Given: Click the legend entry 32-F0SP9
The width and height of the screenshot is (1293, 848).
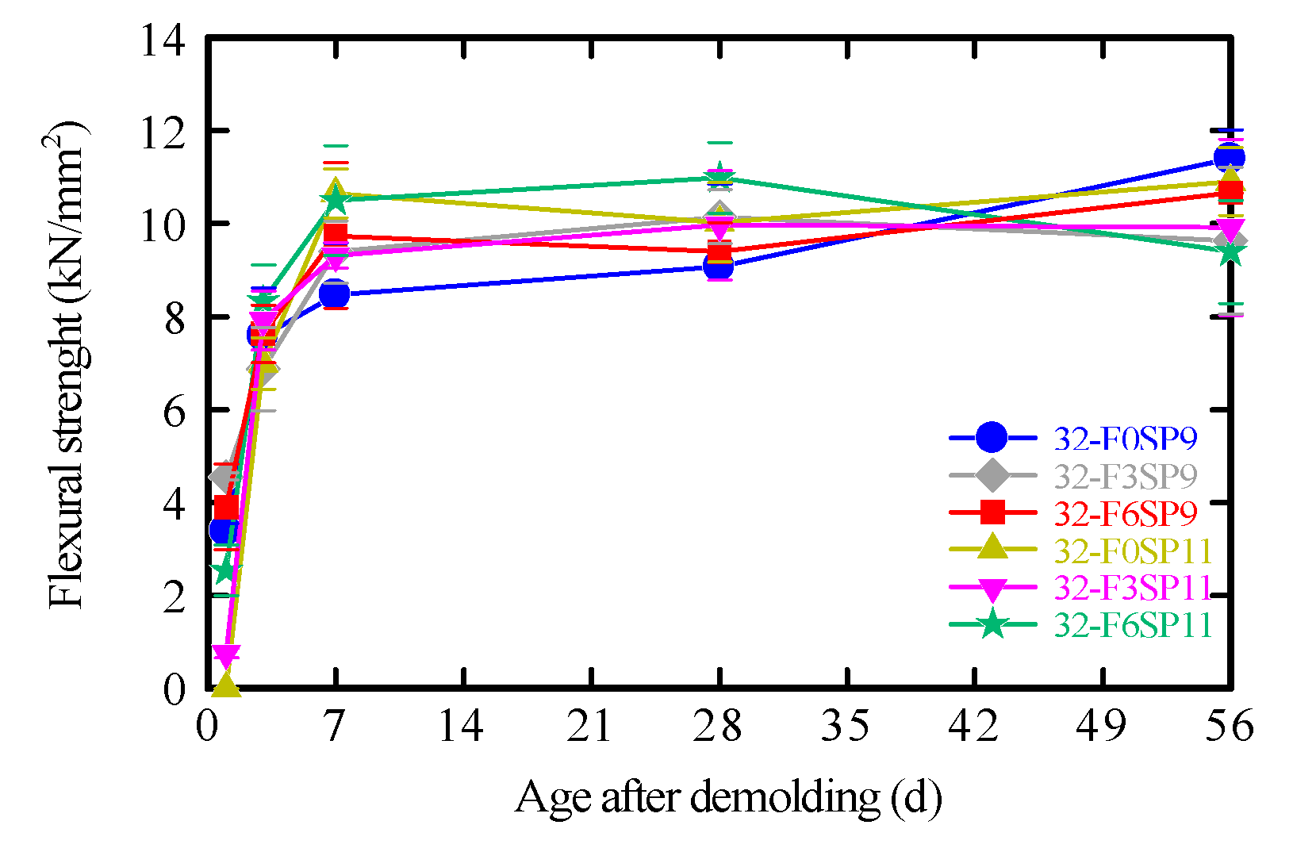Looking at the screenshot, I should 1125,438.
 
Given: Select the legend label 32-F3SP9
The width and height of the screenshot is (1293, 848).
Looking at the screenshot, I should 1125,476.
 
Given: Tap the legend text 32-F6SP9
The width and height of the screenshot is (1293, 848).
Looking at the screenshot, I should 1125,513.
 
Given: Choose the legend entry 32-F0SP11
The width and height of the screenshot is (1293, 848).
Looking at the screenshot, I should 1133,551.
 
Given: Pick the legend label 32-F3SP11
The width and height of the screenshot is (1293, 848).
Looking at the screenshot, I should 1133,588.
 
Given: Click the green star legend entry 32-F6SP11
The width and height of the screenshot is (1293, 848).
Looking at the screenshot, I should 1133,625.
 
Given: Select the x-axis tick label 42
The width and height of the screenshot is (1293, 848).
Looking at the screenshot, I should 974,726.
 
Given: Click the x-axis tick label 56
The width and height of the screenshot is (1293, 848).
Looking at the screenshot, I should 1229,726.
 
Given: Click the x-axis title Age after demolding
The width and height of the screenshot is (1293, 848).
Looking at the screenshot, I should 728,798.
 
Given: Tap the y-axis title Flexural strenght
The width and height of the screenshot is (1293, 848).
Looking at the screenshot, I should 67,365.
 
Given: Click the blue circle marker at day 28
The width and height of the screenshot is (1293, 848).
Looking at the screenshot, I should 718,267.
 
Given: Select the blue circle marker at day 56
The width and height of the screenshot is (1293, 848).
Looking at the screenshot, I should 1229,158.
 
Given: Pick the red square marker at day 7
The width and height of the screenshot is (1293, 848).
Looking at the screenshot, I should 336,235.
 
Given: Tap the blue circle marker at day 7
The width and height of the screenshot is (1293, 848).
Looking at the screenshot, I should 335,294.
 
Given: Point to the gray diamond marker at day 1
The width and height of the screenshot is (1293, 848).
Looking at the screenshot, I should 224,476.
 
